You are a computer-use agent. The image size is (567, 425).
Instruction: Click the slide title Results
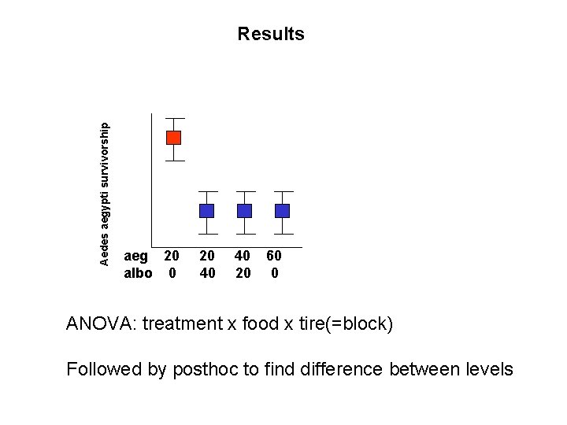click(270, 34)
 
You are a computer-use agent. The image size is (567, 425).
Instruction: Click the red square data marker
click(173, 138)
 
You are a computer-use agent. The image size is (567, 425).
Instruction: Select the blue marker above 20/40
click(206, 211)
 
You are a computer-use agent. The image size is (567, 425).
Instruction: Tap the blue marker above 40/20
click(245, 211)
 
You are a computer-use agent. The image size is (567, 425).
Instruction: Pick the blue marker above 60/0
click(282, 211)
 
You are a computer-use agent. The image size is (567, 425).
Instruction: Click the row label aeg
click(136, 256)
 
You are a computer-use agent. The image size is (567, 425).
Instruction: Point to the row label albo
click(138, 273)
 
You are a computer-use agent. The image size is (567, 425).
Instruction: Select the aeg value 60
click(274, 256)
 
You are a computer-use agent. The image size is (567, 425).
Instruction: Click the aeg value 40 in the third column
click(243, 256)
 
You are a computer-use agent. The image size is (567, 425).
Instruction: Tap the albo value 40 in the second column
click(207, 273)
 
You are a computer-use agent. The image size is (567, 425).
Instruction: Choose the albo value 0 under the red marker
click(172, 273)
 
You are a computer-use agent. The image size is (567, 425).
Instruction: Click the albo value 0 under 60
click(274, 273)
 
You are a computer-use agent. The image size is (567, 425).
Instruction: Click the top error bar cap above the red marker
click(174, 118)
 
